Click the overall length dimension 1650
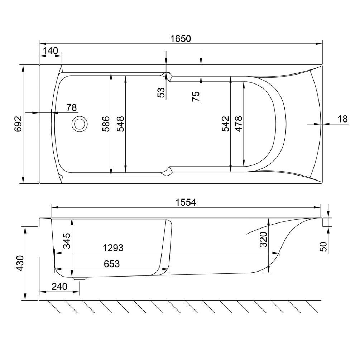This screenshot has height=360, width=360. (181, 39)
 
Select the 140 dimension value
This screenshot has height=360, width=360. (51, 51)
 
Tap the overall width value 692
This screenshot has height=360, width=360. (18, 124)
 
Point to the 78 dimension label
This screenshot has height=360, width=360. (71, 107)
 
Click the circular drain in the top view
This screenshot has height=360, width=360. (80, 124)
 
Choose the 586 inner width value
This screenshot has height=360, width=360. (106, 124)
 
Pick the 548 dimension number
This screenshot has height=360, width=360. (120, 124)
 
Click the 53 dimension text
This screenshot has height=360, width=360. (162, 93)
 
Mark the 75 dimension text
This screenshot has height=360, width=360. (196, 96)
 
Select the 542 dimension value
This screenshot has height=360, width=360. (225, 124)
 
